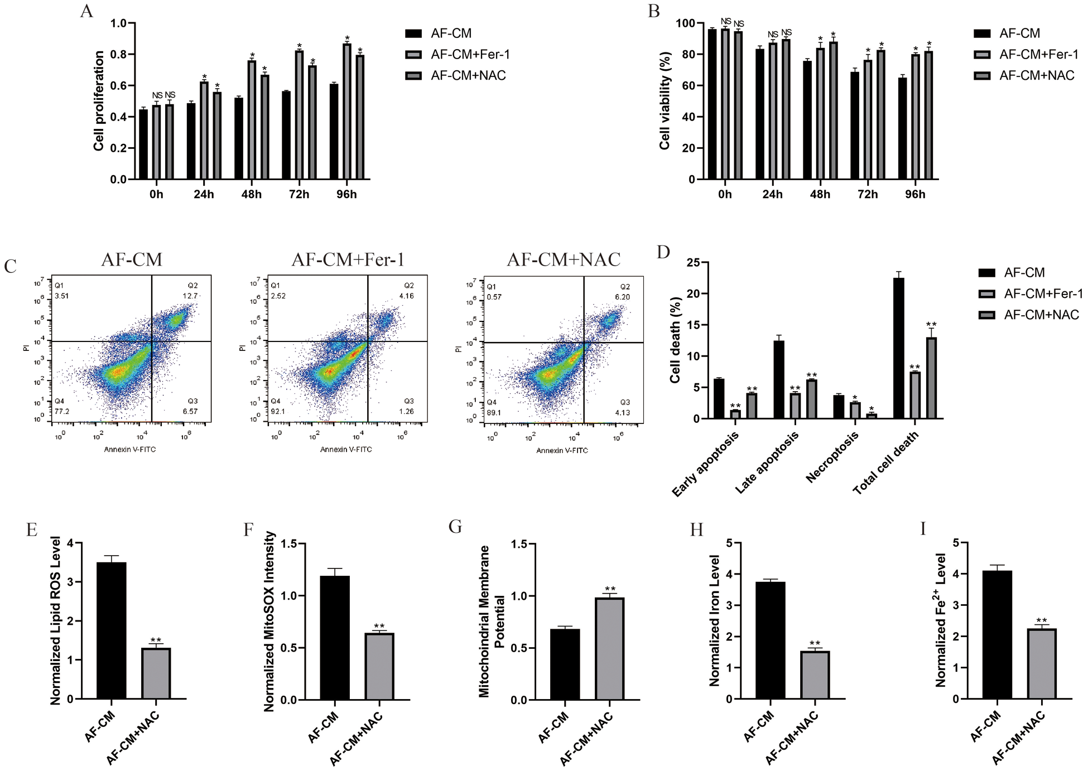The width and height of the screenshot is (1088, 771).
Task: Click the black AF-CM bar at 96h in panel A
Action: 334,132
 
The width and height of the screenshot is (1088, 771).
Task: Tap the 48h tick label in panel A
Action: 251,194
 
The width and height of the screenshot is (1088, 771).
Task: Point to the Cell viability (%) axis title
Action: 664,101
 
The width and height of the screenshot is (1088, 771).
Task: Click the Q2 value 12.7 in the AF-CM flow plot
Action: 190,296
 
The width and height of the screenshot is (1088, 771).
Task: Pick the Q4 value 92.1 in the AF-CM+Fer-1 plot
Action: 278,412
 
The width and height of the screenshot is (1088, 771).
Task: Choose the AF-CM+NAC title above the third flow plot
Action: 564,259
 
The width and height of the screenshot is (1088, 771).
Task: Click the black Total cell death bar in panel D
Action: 898,348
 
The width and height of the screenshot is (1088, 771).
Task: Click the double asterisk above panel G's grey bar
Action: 610,589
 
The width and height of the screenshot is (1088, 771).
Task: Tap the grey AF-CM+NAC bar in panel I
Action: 1041,664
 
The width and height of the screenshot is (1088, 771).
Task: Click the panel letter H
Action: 696,529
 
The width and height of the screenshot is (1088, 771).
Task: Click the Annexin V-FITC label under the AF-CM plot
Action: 130,449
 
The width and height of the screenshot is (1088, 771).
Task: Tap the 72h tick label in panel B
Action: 868,194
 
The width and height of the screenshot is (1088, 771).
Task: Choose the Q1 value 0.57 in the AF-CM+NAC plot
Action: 494,297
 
